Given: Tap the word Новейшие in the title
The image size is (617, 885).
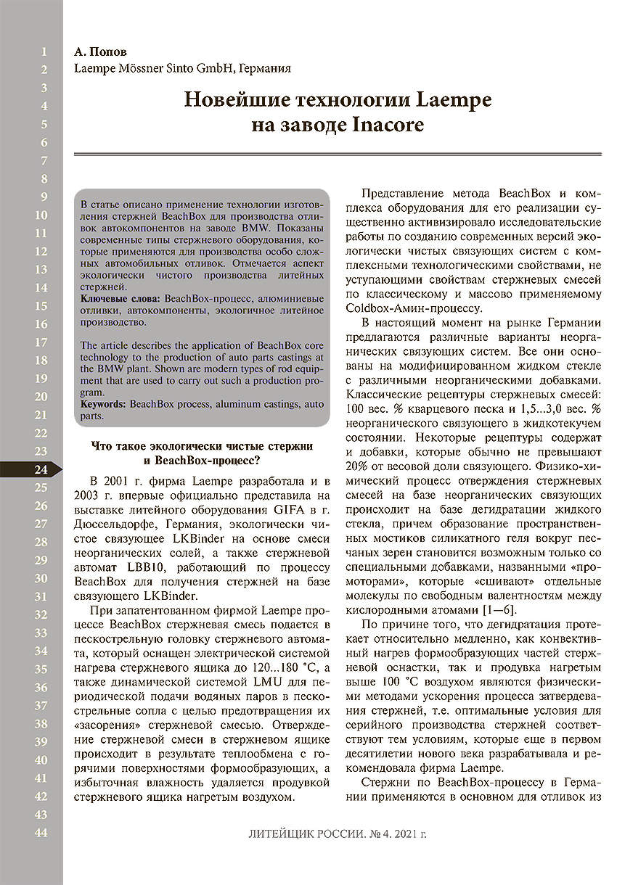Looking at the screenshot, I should (237, 99).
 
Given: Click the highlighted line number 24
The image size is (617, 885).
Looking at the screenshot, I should (41, 469).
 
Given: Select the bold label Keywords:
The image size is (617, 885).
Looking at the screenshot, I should (104, 403).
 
